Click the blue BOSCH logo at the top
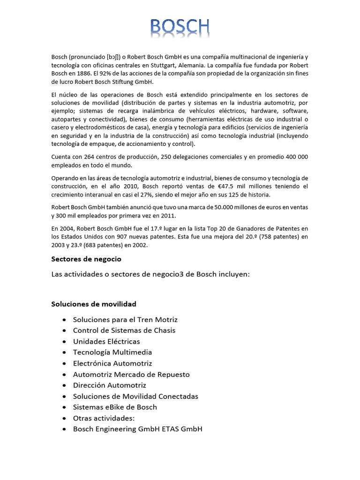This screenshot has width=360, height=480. pos(180,28)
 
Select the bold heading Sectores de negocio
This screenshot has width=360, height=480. pos(86,259)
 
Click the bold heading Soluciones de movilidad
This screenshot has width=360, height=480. pos(94,304)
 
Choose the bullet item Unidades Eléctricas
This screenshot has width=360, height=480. pos(106,341)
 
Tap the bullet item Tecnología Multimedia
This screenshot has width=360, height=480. pos(112,352)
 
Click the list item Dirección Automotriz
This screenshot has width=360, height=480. pos(110,385)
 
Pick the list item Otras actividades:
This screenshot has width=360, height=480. pos(104,418)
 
